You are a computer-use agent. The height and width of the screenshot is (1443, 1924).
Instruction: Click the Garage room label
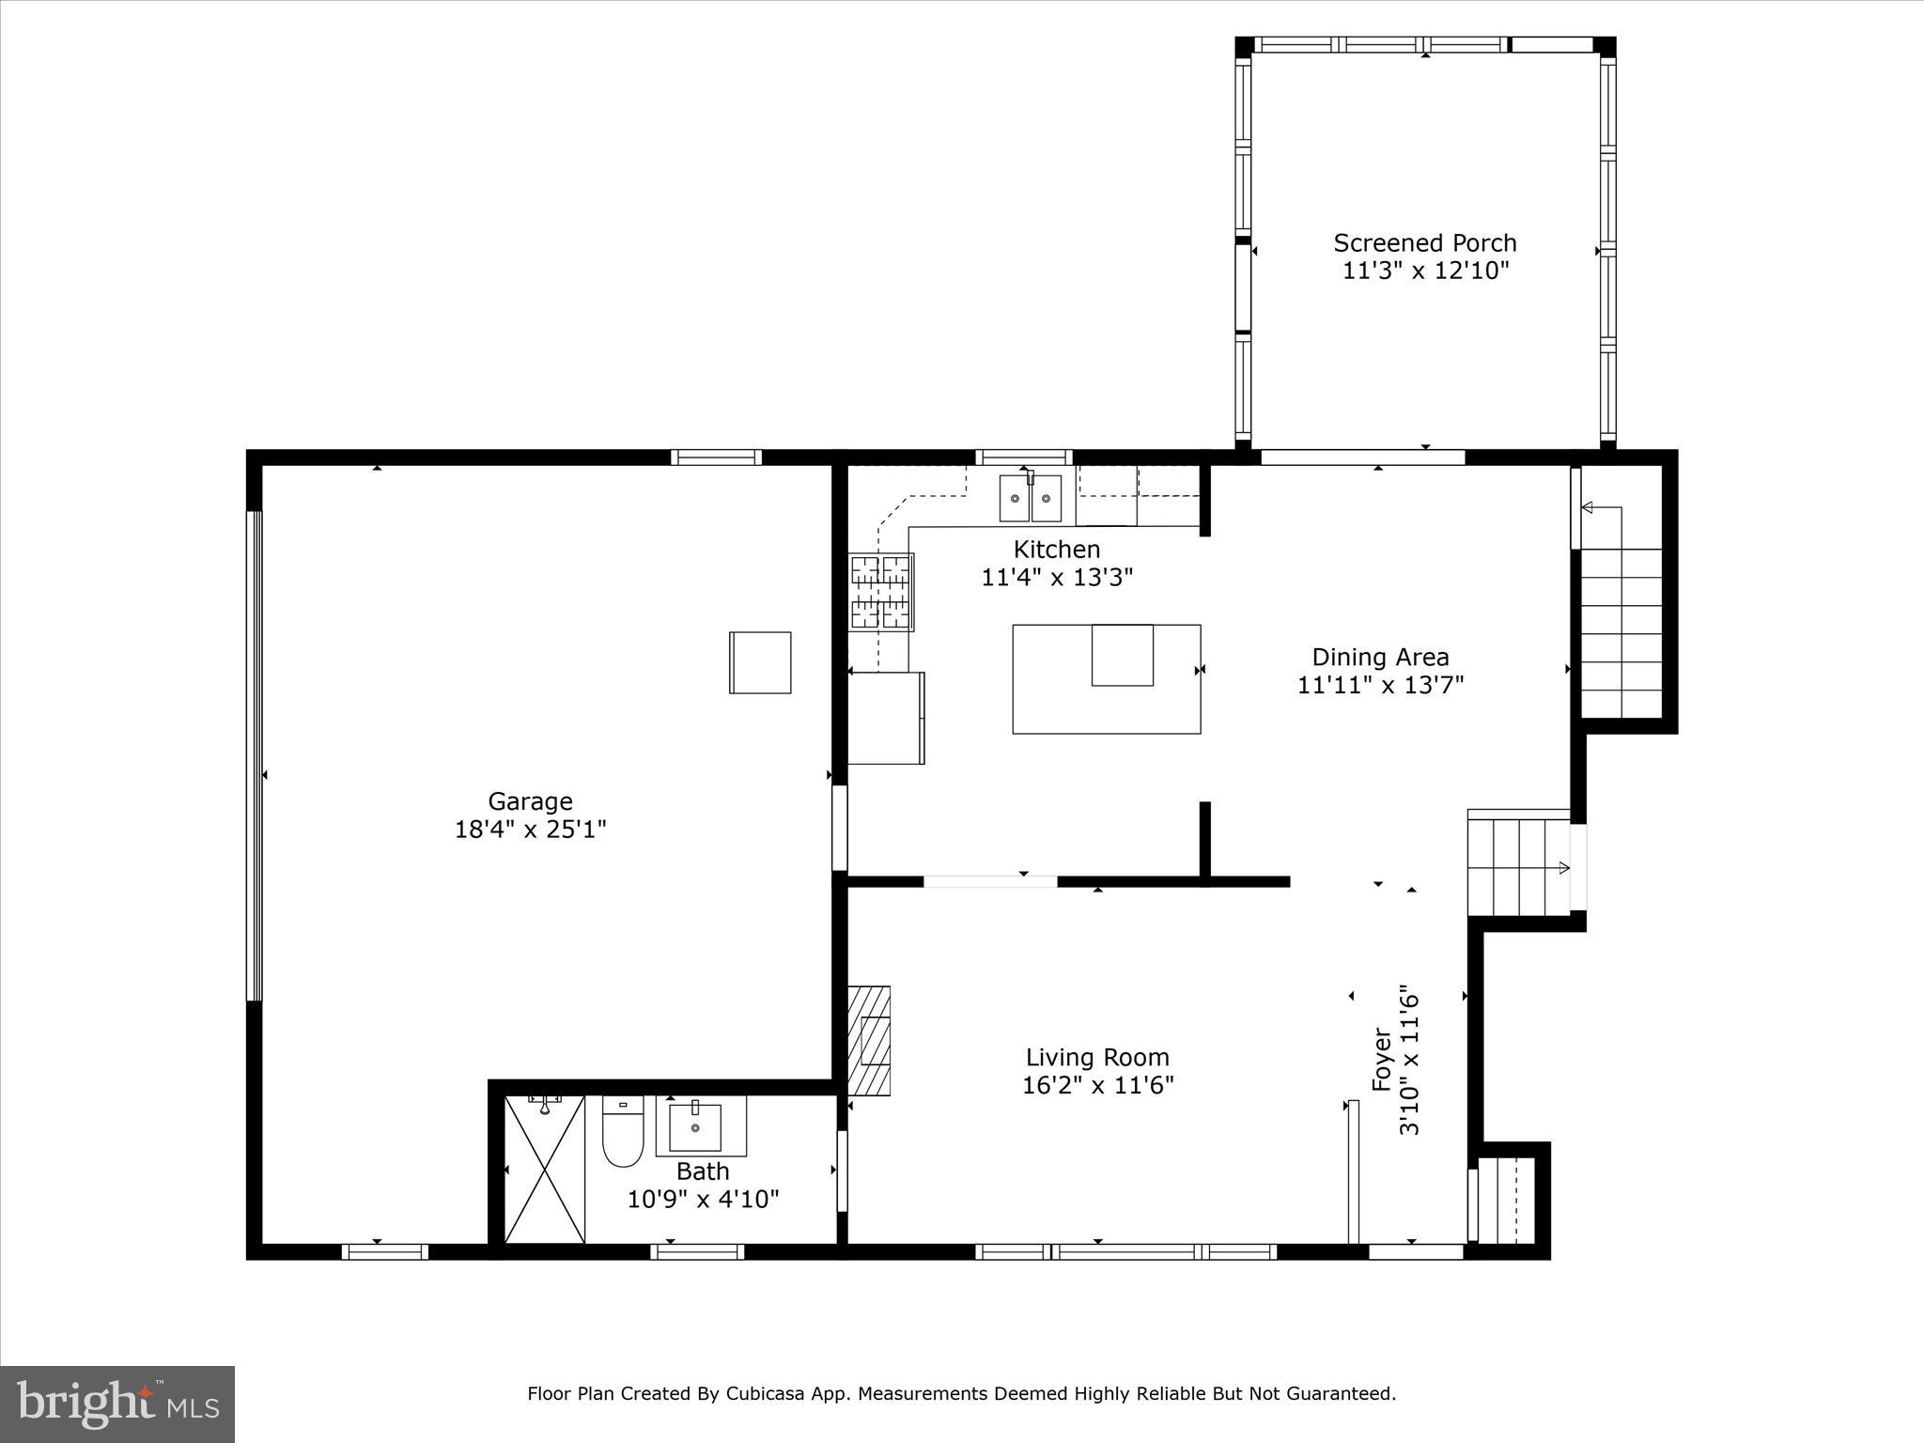pyautogui.click(x=530, y=801)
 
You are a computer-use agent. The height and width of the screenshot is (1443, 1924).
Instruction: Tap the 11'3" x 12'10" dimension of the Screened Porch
pyautogui.click(x=1425, y=272)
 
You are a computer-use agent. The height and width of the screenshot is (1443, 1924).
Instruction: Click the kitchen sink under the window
pyautogui.click(x=1030, y=498)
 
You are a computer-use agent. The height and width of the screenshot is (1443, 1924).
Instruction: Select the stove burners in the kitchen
pyautogui.click(x=881, y=592)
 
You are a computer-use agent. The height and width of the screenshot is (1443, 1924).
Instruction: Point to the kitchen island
pyautogui.click(x=1106, y=678)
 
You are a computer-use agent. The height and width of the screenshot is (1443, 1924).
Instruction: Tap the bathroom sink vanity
pyautogui.click(x=695, y=1126)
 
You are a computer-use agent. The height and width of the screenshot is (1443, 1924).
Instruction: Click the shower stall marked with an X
pyautogui.click(x=545, y=1170)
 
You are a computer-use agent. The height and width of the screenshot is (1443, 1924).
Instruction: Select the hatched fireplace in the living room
pyautogui.click(x=870, y=1040)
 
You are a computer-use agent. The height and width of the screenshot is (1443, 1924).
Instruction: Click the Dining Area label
pyautogui.click(x=1380, y=657)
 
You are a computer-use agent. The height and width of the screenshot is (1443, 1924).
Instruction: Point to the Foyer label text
pyautogui.click(x=1381, y=1059)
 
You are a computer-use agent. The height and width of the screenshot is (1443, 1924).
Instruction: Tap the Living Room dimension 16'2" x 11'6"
pyautogui.click(x=1097, y=1086)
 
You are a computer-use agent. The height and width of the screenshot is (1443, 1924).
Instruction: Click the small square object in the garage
pyautogui.click(x=760, y=662)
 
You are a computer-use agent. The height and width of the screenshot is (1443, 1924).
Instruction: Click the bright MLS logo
pyautogui.click(x=117, y=1403)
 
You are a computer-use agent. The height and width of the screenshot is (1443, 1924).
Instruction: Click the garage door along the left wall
pyautogui.click(x=254, y=756)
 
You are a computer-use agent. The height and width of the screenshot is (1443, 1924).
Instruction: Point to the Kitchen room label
pyautogui.click(x=1056, y=550)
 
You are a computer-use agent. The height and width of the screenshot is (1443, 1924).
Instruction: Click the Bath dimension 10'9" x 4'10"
pyautogui.click(x=703, y=1200)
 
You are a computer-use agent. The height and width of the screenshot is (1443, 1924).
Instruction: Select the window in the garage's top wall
pyautogui.click(x=716, y=458)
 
